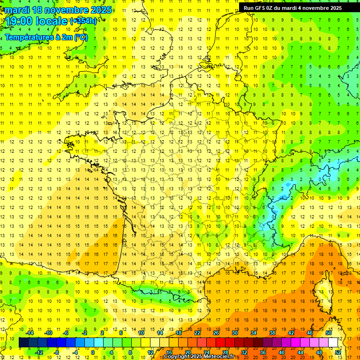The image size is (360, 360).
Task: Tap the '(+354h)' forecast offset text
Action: click(83, 21)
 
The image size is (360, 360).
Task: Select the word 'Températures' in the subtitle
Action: click(28, 37)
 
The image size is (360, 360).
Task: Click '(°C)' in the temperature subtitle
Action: click(80, 37)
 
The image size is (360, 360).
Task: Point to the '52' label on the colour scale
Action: click(338, 352)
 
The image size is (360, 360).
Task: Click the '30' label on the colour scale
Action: click(235, 333)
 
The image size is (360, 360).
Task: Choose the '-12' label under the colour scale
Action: click(39, 352)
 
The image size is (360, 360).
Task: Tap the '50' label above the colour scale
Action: click(329, 333)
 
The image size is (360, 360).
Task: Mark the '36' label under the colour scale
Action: click(263, 352)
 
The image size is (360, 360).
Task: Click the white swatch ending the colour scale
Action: click(333, 343)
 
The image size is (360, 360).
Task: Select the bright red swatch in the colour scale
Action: click(221, 343)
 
